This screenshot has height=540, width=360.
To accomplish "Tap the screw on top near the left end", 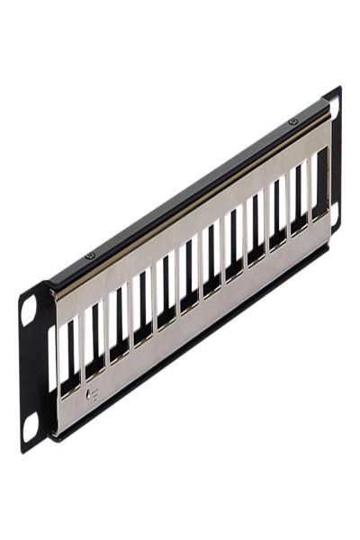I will pyautogui.click(x=89, y=256).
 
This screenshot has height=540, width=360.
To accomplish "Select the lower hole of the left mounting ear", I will pyautogui.click(x=31, y=426).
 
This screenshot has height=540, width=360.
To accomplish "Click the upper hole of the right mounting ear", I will pyautogui.click(x=335, y=107).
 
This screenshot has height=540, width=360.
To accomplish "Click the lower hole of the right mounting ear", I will pyautogui.click(x=335, y=213).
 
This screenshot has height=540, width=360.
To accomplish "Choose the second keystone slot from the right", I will pyautogui.click(x=300, y=195).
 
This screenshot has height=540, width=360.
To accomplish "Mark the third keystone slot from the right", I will pyautogui.click(x=279, y=210).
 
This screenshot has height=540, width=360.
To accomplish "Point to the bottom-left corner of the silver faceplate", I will pyautogui.click(x=58, y=422).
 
